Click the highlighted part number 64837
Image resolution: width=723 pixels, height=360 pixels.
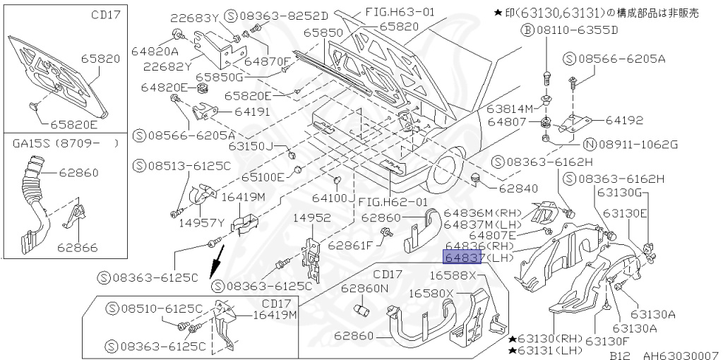coord(462,258)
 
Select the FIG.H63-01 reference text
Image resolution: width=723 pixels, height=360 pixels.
coord(401,12)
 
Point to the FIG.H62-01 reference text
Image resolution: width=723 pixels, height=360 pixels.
coord(394,202)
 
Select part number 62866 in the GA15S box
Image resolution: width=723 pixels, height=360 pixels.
coord(78,248)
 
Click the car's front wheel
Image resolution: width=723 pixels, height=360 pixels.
coord(448,169)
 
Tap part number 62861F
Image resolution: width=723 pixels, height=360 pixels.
coord(349,246)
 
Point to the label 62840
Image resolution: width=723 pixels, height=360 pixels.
coord(519,188)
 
